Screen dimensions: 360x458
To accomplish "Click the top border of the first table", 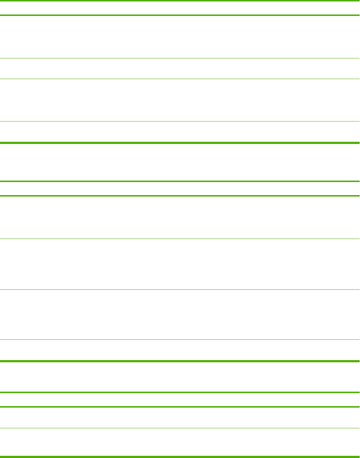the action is [x=180, y=1].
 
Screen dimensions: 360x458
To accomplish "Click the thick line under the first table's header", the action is [x=180, y=15].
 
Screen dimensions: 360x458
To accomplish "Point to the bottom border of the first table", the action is [x=180, y=143].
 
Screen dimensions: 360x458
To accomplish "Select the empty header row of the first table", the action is [x=180, y=8].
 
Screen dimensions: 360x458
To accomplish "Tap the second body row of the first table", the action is [x=180, y=69].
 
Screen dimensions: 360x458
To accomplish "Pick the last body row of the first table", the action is [x=180, y=132].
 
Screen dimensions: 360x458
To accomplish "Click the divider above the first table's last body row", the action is [x=180, y=121].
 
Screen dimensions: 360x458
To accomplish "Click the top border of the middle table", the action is [x=180, y=181].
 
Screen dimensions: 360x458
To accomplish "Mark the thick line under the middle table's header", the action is [x=180, y=196].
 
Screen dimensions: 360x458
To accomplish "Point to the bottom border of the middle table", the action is [x=180, y=361].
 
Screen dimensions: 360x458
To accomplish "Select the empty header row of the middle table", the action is [x=180, y=189].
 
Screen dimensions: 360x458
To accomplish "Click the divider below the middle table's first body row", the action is [x=180, y=239].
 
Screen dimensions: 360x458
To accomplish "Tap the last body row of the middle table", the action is [x=180, y=350].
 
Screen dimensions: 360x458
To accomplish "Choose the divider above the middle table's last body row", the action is [x=180, y=339].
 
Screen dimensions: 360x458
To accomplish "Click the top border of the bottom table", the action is [x=180, y=392].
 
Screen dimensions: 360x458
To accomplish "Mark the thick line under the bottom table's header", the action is [x=180, y=407].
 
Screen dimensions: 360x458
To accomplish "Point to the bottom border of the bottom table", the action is [x=180, y=456].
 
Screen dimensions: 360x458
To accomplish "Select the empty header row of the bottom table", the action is [x=180, y=400].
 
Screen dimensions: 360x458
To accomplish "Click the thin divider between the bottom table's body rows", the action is [x=180, y=428].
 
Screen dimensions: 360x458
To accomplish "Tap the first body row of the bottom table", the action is [x=180, y=418].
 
